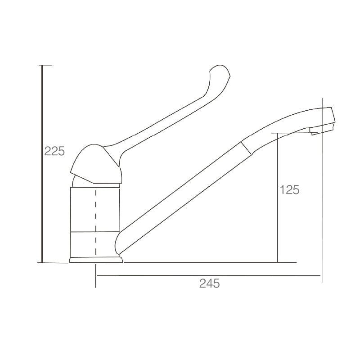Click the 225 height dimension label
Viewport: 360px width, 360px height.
point(54,151)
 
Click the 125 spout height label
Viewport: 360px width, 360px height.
point(289,190)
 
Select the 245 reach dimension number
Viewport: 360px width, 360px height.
point(209,283)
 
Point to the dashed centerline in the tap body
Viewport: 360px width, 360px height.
point(95,220)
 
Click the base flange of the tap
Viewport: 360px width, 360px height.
point(96,260)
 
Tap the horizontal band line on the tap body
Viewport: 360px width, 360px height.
point(96,233)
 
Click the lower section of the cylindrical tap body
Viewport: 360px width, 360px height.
point(96,245)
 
